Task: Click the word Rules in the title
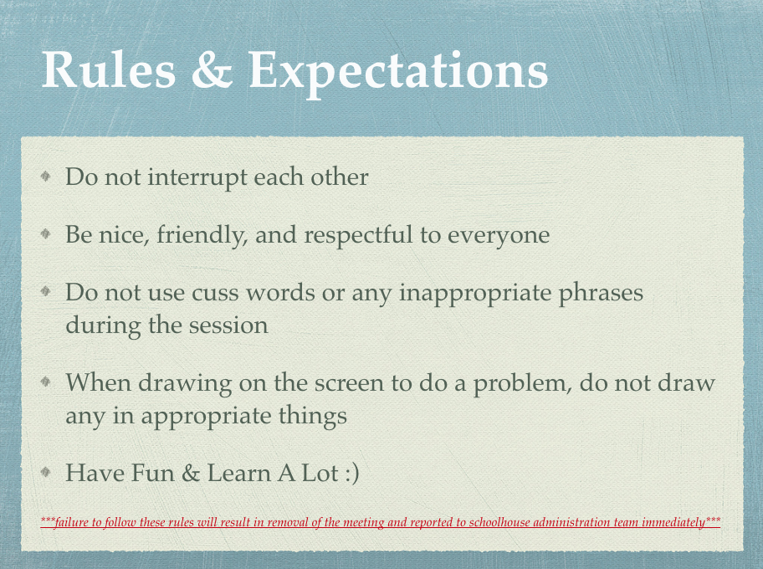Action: pos(109,69)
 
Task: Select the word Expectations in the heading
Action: pos(398,72)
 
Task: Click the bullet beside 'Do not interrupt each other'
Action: pos(46,176)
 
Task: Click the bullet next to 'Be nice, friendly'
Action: pos(46,234)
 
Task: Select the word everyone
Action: pos(499,236)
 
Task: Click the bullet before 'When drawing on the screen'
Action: pos(46,382)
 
